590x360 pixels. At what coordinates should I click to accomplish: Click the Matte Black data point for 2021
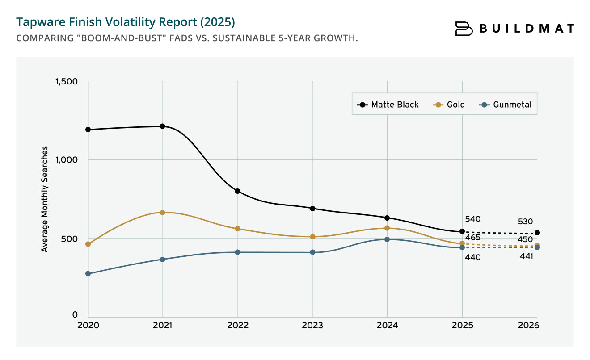pyautogui.click(x=163, y=126)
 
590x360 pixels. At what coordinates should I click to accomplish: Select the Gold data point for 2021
pyautogui.click(x=163, y=213)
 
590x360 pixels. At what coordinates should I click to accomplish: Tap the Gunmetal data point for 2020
pyautogui.click(x=88, y=273)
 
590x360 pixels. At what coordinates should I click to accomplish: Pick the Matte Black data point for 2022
pyautogui.click(x=238, y=191)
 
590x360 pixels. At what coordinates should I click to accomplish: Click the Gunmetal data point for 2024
pyautogui.click(x=387, y=239)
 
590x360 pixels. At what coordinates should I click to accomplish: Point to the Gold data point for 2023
pyautogui.click(x=312, y=237)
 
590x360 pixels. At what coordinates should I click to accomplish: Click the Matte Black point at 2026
pyautogui.click(x=537, y=233)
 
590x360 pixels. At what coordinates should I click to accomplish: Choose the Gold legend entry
pyautogui.click(x=449, y=105)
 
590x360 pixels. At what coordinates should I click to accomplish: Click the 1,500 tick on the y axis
pyautogui.click(x=66, y=81)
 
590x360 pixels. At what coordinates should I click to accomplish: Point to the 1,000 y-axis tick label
pyautogui.click(x=66, y=159)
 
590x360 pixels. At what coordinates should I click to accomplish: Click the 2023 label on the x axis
pyautogui.click(x=312, y=326)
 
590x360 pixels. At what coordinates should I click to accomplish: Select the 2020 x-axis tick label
pyautogui.click(x=88, y=326)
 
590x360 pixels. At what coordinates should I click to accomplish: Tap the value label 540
pyautogui.click(x=472, y=219)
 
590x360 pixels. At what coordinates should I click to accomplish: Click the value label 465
pyautogui.click(x=472, y=237)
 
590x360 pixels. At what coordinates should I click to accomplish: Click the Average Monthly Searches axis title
pyautogui.click(x=45, y=199)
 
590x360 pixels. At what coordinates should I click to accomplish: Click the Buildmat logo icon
pyautogui.click(x=464, y=29)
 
